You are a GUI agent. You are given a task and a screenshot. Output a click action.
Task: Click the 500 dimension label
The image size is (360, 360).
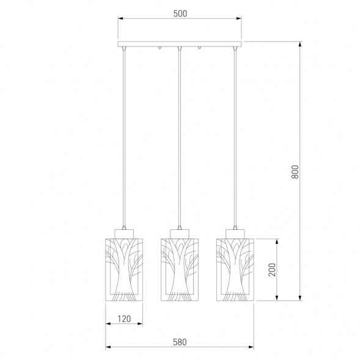point(180,13)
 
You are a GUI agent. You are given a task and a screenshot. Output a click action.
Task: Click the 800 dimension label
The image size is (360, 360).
point(295,172)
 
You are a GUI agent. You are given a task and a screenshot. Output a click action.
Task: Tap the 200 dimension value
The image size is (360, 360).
point(272,270)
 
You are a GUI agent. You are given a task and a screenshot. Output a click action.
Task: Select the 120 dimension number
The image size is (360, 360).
point(124,318)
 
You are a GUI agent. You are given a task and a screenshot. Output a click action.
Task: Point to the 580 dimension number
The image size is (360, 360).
point(180,342)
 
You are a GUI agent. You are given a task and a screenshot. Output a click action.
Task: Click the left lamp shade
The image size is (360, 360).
point(124,270)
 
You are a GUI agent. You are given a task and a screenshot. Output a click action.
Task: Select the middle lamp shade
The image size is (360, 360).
point(180,270)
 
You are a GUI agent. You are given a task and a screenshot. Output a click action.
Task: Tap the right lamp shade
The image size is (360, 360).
point(235,270)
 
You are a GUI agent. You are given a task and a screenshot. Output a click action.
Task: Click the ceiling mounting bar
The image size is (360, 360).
point(180,44)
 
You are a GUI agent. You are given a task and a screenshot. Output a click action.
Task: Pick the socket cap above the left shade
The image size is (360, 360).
point(124,233)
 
